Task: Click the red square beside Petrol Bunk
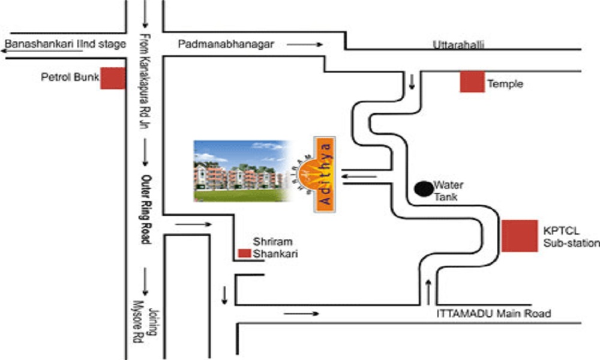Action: [113, 79]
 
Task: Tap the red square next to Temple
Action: [472, 82]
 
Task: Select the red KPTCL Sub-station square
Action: [520, 236]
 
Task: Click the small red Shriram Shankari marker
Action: [245, 253]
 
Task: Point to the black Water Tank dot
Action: [424, 189]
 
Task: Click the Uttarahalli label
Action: [458, 45]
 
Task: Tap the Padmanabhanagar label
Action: [226, 44]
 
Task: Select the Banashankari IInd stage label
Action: [65, 44]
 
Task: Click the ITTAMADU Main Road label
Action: [494, 314]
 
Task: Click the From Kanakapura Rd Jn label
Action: [145, 81]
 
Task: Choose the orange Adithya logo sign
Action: [324, 174]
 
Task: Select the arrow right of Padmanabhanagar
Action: [305, 44]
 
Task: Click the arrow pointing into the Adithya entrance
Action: [359, 176]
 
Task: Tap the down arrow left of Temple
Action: [412, 82]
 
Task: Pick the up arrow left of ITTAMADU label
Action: [428, 292]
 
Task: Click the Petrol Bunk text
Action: [70, 77]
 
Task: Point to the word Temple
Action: [505, 84]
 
